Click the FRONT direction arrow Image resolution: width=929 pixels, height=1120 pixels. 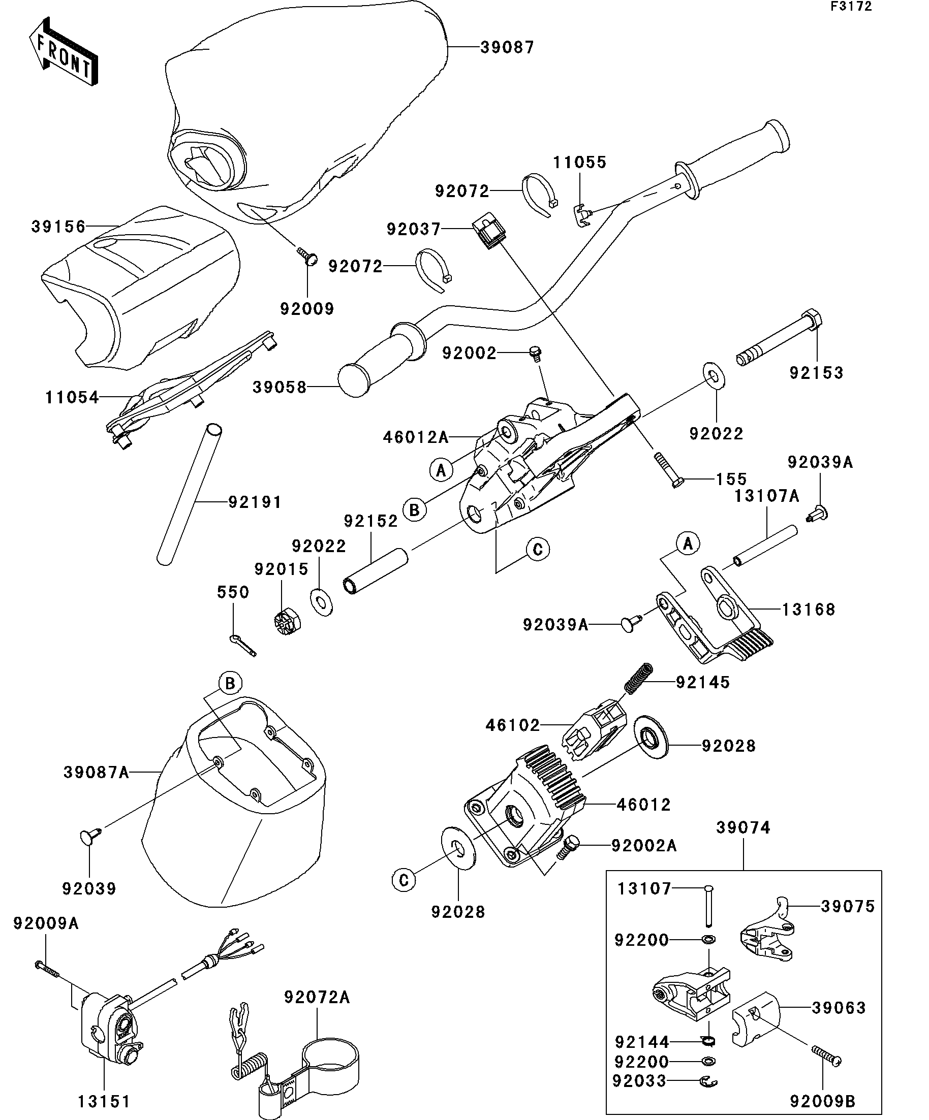63,52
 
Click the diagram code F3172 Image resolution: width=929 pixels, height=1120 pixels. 851,7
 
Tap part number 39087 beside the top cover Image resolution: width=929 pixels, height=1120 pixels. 507,47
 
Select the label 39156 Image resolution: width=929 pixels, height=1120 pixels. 58,227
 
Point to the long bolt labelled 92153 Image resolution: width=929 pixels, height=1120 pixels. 779,337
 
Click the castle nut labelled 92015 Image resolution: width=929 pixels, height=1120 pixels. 287,622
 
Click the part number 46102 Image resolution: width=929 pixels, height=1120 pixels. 513,725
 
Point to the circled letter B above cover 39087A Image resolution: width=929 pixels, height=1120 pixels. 230,684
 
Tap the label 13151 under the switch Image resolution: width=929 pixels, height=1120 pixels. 104,1102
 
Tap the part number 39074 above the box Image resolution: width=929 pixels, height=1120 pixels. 744,828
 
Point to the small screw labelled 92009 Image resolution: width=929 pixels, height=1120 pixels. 306,257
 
